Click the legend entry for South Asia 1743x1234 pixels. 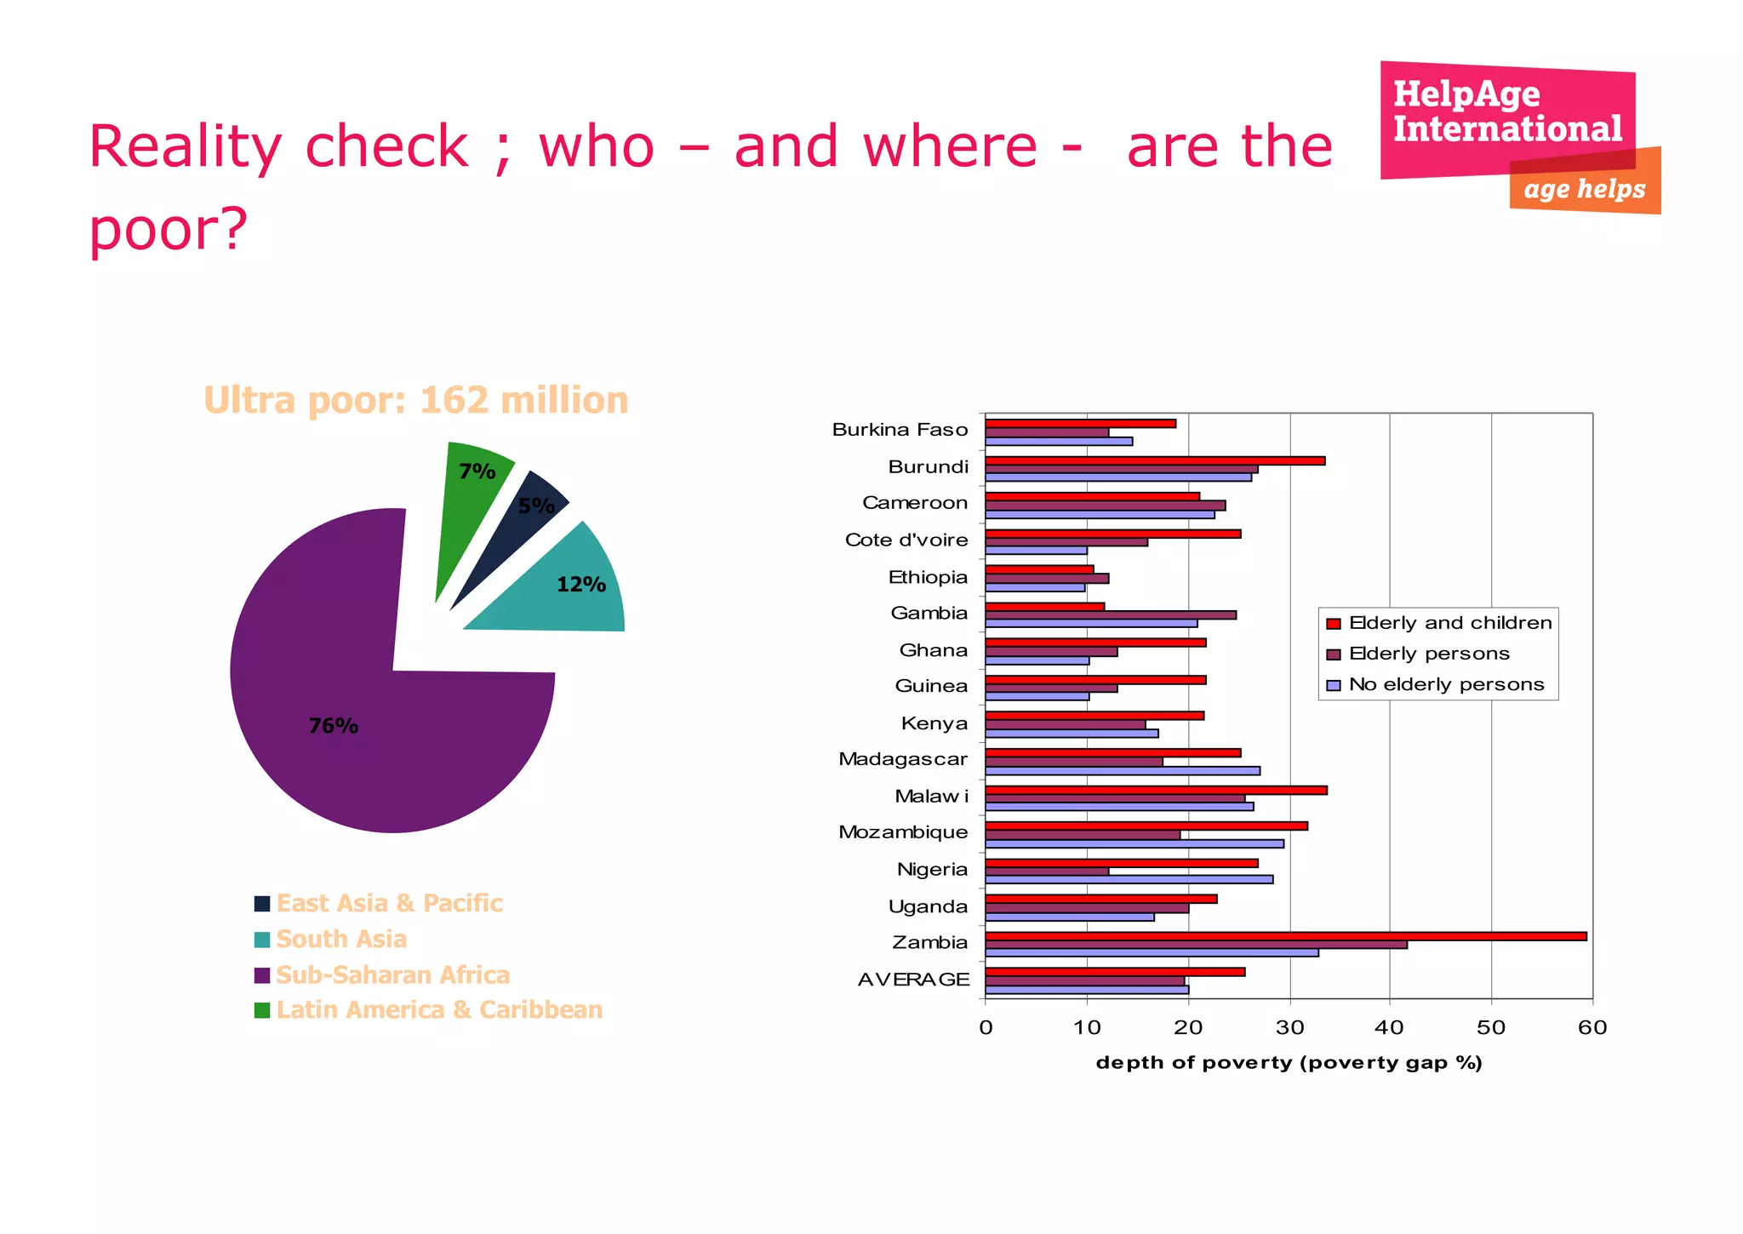[340, 939]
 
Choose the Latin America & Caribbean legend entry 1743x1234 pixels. [438, 1009]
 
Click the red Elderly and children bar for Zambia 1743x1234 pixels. [1285, 936]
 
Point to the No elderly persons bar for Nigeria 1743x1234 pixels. [1129, 879]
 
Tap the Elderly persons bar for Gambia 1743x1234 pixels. [1111, 614]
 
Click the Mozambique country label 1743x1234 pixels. [903, 831]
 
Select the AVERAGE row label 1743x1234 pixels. [913, 980]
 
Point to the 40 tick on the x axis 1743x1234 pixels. [1390, 1027]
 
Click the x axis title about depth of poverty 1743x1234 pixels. [1289, 1062]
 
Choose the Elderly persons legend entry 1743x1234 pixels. [1429, 654]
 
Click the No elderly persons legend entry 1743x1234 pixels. [1446, 684]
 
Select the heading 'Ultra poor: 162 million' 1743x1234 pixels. [415, 400]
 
